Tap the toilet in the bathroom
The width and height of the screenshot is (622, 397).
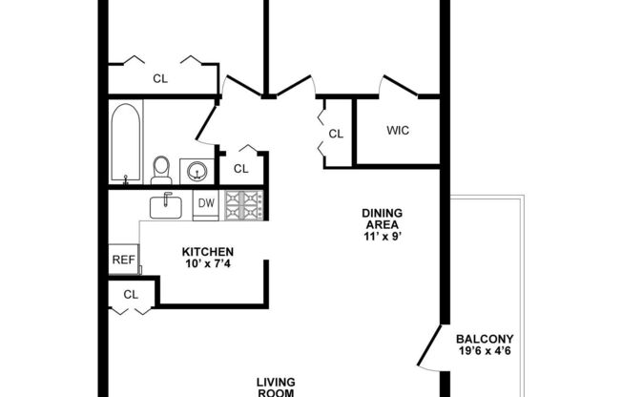(162, 170)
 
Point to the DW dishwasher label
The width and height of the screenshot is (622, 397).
(205, 203)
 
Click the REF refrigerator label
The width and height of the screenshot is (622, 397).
(122, 259)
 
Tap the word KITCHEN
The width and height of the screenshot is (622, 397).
(208, 252)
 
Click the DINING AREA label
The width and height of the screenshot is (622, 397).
(381, 219)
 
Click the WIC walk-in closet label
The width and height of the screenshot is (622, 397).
(398, 131)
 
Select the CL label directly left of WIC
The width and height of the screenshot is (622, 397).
(336, 135)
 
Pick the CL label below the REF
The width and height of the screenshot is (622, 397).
(131, 294)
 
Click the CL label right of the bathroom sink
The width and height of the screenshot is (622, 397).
(241, 169)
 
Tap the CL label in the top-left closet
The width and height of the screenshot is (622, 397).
(160, 79)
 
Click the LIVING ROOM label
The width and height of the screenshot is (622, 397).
(277, 388)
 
